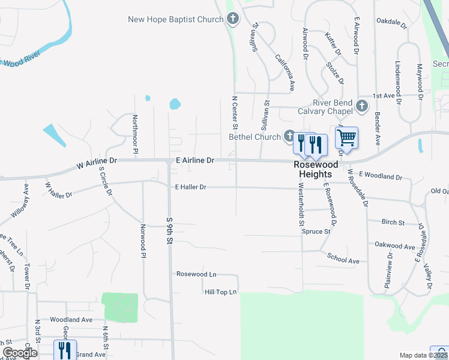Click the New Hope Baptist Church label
pos(175,20)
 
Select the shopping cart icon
pos(346,137)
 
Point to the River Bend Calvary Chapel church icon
pos(362,106)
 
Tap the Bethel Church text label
pos(255,137)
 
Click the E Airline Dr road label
pos(194,160)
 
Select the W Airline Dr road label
pos(97,161)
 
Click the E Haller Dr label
pos(190,187)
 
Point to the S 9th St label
pos(169,230)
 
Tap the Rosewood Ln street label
pos(196,274)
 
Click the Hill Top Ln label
pos(220,292)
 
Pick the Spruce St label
pos(316,232)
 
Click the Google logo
pos(20,352)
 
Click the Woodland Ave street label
pos(71,320)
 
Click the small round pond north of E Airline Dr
pos(175,104)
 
